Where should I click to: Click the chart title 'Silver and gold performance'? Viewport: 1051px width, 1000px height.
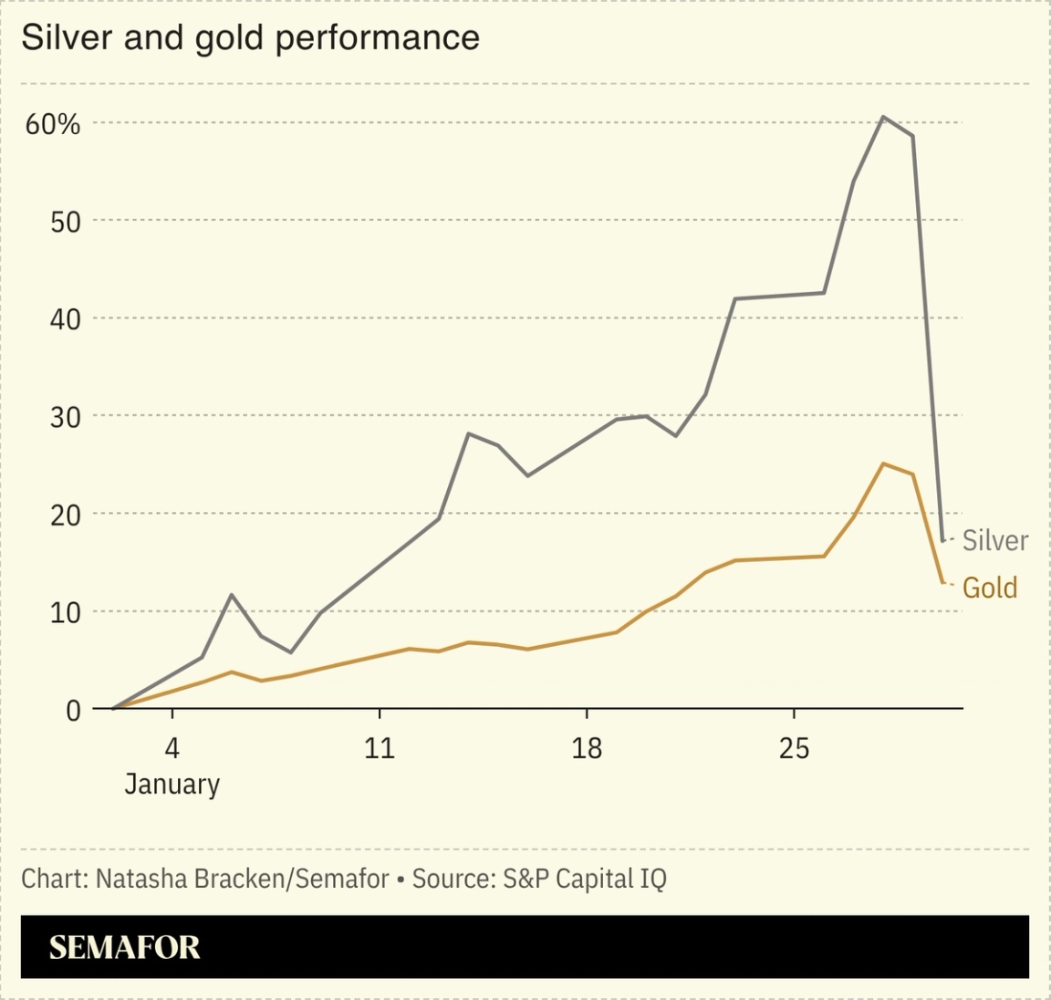[250, 38]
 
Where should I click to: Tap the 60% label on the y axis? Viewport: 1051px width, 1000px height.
[52, 124]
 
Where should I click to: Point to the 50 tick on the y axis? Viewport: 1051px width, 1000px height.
[65, 222]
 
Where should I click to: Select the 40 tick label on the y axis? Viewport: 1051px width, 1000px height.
[65, 319]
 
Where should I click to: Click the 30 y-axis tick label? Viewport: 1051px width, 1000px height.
[65, 417]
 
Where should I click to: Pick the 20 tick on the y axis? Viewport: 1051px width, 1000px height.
[65, 515]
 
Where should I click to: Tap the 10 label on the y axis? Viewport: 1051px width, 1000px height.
[65, 612]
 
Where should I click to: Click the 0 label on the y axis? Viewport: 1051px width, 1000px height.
[73, 710]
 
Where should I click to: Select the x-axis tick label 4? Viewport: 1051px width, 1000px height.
[172, 748]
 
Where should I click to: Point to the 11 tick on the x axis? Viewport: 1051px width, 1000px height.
[379, 748]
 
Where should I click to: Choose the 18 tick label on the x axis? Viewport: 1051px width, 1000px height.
[587, 748]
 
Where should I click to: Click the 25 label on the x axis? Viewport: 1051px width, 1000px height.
[794, 748]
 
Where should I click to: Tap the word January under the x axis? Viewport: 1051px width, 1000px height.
[172, 785]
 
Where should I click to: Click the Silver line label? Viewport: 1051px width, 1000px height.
[994, 540]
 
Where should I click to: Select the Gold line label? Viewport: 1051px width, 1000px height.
[990, 588]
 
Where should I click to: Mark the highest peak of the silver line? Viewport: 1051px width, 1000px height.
[883, 117]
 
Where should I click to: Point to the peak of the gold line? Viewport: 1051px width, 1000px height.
[883, 464]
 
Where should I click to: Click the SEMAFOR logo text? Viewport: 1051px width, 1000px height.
[124, 947]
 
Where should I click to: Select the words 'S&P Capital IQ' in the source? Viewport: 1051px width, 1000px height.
[584, 879]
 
